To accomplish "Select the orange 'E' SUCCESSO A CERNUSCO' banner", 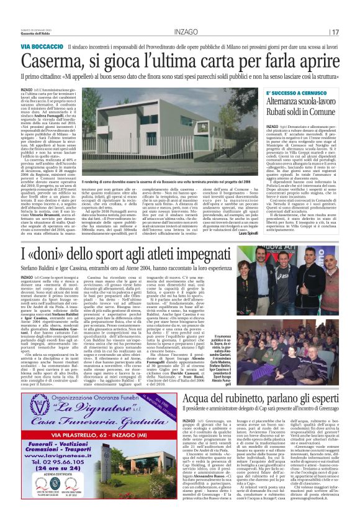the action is tap(301, 93).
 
